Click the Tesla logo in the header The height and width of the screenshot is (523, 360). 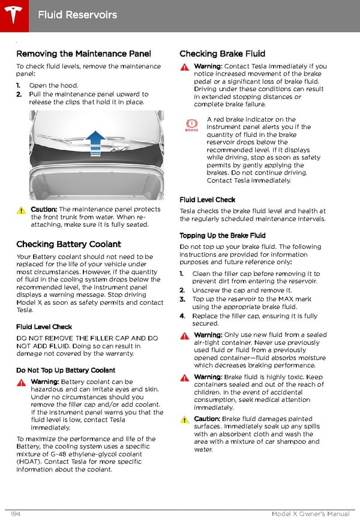(x=13, y=13)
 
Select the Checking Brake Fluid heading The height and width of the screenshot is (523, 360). (x=222, y=54)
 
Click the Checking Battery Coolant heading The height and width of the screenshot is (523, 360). (x=68, y=244)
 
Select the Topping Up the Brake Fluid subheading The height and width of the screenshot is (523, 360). (x=222, y=236)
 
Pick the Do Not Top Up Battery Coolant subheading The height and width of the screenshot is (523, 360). (x=65, y=370)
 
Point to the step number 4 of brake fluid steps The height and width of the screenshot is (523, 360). (x=182, y=316)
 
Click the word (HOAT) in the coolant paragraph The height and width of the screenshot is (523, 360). (x=28, y=462)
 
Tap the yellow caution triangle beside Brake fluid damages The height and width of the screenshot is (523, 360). (x=185, y=420)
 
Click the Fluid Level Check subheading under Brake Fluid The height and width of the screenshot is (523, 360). (x=207, y=200)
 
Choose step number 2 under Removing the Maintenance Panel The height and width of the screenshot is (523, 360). (x=19, y=94)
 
